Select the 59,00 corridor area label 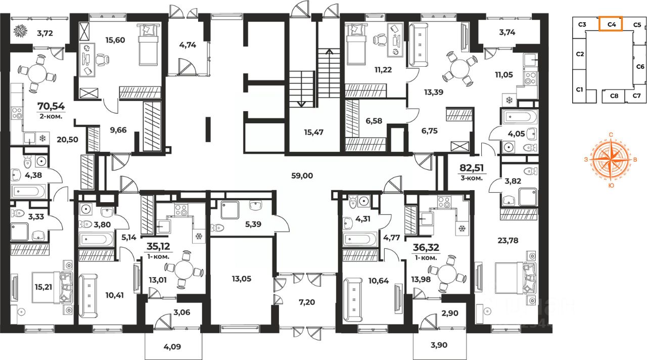pyautogui.click(x=303, y=176)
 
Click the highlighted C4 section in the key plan pyautogui.click(x=610, y=24)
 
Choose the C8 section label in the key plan pyautogui.click(x=614, y=95)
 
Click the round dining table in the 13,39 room pyautogui.click(x=458, y=69)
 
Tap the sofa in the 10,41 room pyautogui.click(x=89, y=294)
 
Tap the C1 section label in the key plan pyautogui.click(x=580, y=89)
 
